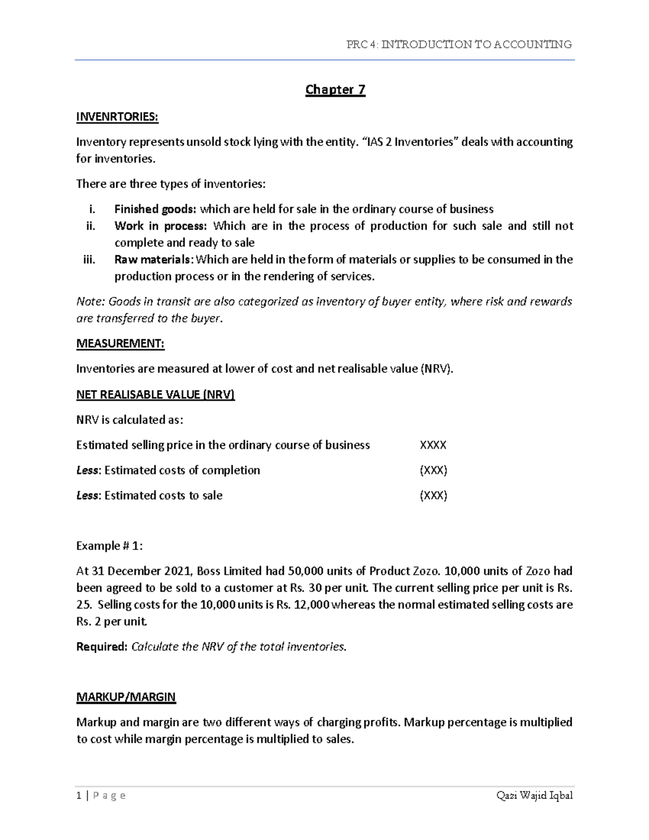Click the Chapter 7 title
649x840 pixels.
pyautogui.click(x=335, y=89)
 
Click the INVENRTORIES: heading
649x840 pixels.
pyautogui.click(x=117, y=117)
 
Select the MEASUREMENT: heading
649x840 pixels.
pyautogui.click(x=120, y=343)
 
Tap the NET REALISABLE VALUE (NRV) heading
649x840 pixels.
pyautogui.click(x=156, y=394)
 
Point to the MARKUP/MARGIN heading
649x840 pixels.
pyautogui.click(x=126, y=697)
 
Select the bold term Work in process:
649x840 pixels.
pyautogui.click(x=160, y=226)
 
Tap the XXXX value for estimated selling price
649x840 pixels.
pyautogui.click(x=433, y=445)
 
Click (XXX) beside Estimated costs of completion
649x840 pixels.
pyautogui.click(x=434, y=470)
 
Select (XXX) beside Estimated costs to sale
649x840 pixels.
pyautogui.click(x=434, y=495)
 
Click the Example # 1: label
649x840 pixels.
pyautogui.click(x=110, y=546)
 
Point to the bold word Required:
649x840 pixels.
pyautogui.click(x=102, y=646)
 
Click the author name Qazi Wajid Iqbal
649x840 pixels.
pyautogui.click(x=534, y=795)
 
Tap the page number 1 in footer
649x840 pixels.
pyautogui.click(x=79, y=795)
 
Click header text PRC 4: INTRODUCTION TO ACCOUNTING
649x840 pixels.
pyautogui.click(x=459, y=44)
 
